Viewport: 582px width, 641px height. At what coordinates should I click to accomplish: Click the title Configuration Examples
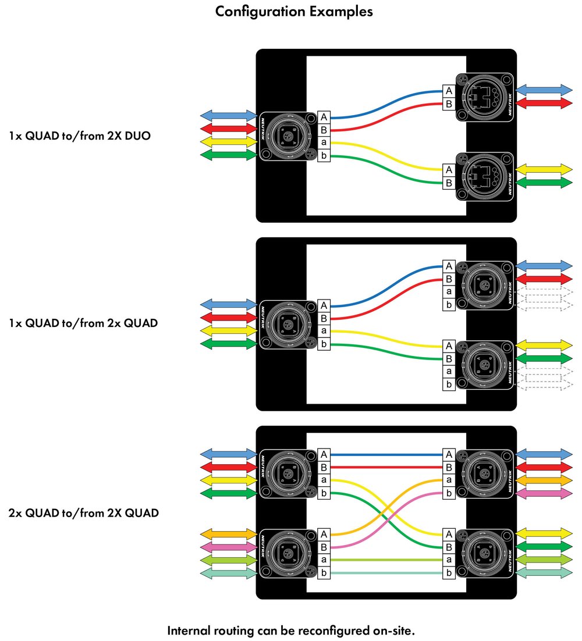coord(294,12)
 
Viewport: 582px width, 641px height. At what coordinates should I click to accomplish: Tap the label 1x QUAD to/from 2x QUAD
coord(83,323)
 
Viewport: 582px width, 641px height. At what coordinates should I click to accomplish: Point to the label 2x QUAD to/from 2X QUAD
coord(84,513)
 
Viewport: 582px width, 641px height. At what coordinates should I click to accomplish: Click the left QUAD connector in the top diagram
coord(288,137)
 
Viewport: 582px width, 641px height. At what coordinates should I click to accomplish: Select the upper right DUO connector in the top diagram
coord(484,97)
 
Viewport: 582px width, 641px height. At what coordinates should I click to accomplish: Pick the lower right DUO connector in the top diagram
coord(484,177)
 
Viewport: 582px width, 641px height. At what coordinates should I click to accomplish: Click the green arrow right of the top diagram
coord(544,183)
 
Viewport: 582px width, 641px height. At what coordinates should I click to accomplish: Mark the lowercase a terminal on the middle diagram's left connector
coord(324,331)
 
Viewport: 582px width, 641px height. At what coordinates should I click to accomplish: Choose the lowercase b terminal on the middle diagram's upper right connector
coord(449,305)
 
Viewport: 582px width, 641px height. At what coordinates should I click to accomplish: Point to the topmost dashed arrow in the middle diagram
coord(544,291)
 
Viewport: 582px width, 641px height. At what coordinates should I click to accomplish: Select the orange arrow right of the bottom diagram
coord(544,480)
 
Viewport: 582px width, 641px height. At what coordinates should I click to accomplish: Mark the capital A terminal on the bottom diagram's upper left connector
coord(324,454)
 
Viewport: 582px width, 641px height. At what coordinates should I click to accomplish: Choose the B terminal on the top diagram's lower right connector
coord(449,183)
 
